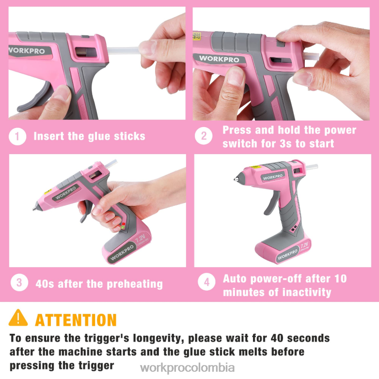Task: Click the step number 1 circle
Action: click(18, 136)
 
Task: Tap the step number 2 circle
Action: click(204, 136)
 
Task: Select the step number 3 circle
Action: click(19, 283)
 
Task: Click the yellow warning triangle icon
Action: click(18, 318)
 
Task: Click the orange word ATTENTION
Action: click(76, 320)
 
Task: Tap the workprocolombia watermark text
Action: click(188, 368)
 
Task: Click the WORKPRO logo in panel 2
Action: click(219, 59)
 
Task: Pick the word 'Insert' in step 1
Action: click(48, 136)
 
